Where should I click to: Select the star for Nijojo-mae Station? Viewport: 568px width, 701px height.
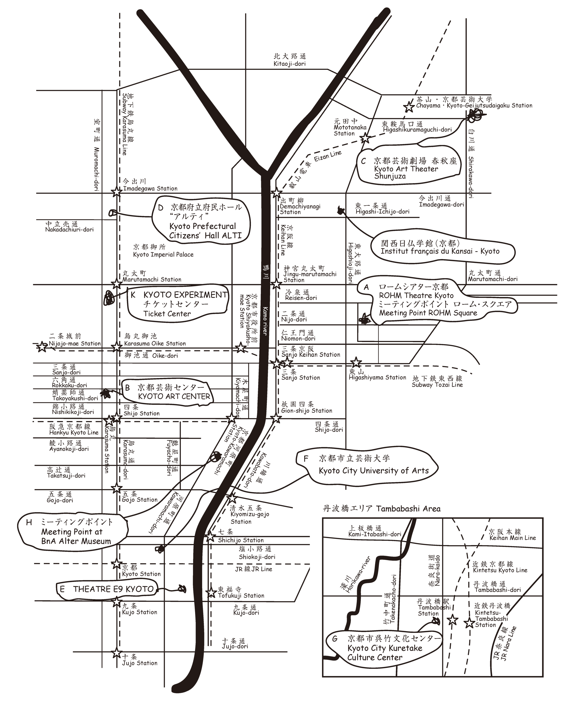42,347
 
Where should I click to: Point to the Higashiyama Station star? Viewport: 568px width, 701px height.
356,362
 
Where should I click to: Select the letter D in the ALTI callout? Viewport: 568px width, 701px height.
161,208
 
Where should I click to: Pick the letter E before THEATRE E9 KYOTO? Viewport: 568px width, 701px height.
62,589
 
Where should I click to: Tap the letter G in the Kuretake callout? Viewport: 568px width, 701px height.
335,639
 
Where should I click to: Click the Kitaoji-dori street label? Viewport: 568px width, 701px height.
290,64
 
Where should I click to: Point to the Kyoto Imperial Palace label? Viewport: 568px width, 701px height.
163,254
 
